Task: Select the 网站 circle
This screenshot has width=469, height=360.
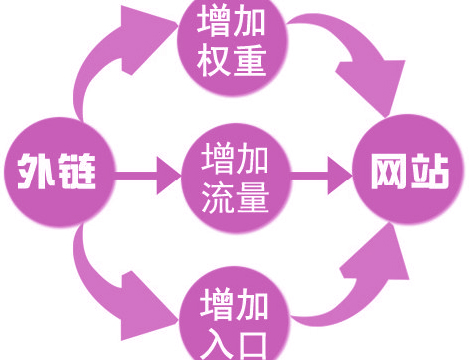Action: tap(408, 174)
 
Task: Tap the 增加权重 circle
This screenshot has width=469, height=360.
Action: tap(233, 42)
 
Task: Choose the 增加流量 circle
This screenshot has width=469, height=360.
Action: tap(234, 178)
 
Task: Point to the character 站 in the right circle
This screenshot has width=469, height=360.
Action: tap(429, 174)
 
